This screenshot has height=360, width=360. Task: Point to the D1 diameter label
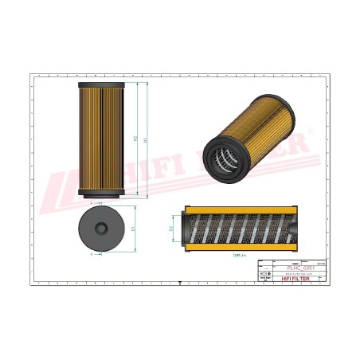click(x=131, y=229)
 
